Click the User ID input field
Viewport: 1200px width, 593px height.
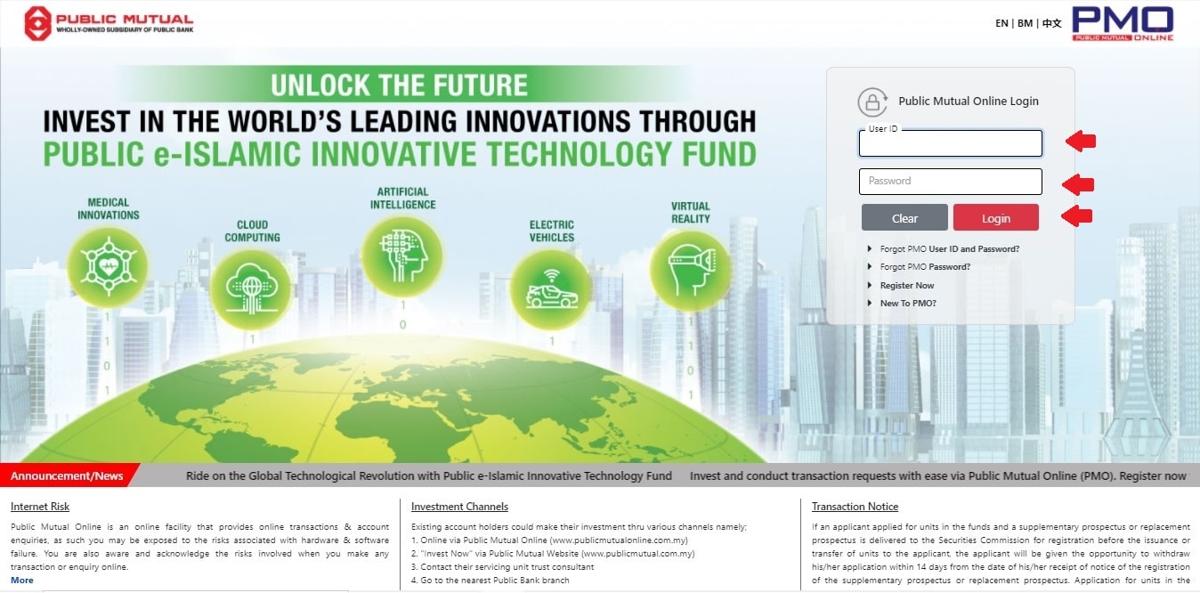click(x=951, y=143)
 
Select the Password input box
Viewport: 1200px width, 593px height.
click(x=951, y=181)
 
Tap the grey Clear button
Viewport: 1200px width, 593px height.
click(x=904, y=217)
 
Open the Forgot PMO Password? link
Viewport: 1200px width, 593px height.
click(x=925, y=267)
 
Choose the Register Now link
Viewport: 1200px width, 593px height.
click(x=906, y=286)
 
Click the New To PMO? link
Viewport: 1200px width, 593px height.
click(x=908, y=304)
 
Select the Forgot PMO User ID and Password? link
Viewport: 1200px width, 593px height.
click(x=949, y=249)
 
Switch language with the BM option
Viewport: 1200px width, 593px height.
click(x=1025, y=23)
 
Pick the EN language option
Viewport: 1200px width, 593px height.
click(x=1001, y=23)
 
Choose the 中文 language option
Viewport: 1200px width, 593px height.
click(x=1051, y=23)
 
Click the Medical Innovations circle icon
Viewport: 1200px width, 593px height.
click(x=109, y=267)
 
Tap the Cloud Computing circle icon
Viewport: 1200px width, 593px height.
click(x=251, y=289)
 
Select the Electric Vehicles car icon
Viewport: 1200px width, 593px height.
click(x=551, y=289)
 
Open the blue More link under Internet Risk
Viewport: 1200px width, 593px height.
click(x=22, y=581)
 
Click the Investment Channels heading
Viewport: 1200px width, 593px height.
click(x=459, y=507)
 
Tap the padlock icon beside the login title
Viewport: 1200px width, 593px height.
click(x=872, y=102)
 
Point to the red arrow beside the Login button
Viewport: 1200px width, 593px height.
click(x=1077, y=215)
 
